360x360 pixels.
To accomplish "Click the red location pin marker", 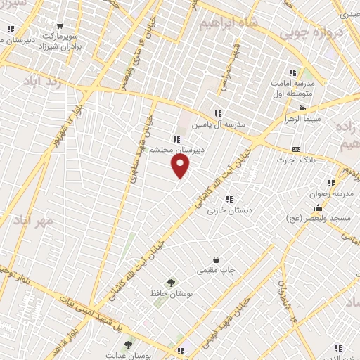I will pos(181,166).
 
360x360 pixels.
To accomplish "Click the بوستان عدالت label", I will pos(129,355).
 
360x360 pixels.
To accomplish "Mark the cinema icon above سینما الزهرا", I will pos(303,108).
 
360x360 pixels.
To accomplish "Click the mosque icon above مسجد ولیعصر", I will pos(318,207).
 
